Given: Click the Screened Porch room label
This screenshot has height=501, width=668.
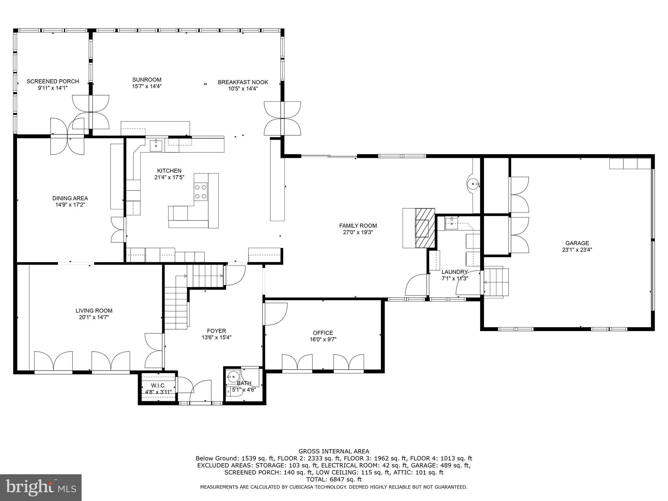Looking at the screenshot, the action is pyautogui.click(x=53, y=81).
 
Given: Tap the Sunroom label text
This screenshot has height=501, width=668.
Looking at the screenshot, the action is pyautogui.click(x=147, y=80).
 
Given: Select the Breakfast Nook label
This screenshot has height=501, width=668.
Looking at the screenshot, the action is pyautogui.click(x=243, y=82).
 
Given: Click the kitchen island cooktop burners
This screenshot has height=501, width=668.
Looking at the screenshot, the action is pyautogui.click(x=201, y=191).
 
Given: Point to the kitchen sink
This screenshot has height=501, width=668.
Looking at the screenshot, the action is pyautogui.click(x=156, y=145).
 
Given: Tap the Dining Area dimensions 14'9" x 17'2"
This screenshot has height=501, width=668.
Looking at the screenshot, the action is pyautogui.click(x=70, y=205).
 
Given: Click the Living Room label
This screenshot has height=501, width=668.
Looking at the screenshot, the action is pyautogui.click(x=94, y=311).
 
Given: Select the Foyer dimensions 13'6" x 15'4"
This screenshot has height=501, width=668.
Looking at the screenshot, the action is pyautogui.click(x=217, y=338).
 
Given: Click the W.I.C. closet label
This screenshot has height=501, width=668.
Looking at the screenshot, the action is pyautogui.click(x=159, y=386).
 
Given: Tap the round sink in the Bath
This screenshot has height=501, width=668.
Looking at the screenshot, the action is pyautogui.click(x=233, y=377).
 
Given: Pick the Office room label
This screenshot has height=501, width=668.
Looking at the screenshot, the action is pyautogui.click(x=323, y=333).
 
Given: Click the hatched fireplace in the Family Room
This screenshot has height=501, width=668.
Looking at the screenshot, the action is pyautogui.click(x=425, y=228).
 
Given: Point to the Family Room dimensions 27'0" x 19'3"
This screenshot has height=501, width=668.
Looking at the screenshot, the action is pyautogui.click(x=358, y=232).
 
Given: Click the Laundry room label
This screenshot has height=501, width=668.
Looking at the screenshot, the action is pyautogui.click(x=455, y=272).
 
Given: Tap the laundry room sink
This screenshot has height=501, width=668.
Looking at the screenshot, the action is pyautogui.click(x=452, y=224).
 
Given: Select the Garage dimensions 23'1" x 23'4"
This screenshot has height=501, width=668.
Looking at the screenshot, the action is pyautogui.click(x=577, y=250).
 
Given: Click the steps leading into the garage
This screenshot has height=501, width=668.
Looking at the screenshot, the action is pyautogui.click(x=496, y=282).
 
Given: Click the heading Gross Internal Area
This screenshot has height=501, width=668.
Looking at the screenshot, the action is pyautogui.click(x=334, y=451).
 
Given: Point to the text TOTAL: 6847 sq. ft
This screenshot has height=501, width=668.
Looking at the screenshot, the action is pyautogui.click(x=334, y=479).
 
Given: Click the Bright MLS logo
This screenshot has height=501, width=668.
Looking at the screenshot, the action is pyautogui.click(x=41, y=487).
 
